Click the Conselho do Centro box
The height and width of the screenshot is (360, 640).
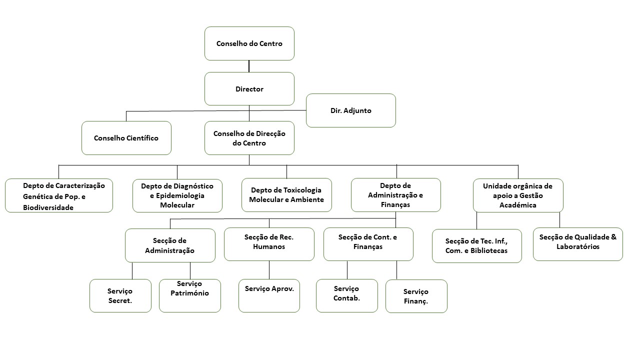point(249,43)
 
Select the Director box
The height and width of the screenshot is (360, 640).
point(249,89)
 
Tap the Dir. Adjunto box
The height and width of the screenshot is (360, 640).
point(351,110)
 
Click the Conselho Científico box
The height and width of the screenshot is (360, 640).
point(126,138)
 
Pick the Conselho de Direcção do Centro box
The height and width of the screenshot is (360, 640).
point(249,138)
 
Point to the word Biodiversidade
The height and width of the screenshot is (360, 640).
point(48,207)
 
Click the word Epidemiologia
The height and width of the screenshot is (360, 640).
point(180,195)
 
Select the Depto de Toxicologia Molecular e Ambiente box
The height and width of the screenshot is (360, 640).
point(286,195)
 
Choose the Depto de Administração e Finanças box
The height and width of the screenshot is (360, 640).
point(395,195)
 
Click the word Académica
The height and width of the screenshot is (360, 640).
point(517,205)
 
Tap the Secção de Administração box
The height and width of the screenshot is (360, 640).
point(170,245)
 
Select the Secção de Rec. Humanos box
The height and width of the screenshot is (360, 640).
point(269,244)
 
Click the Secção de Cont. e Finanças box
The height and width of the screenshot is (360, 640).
point(368,244)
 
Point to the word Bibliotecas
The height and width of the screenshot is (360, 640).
point(489,250)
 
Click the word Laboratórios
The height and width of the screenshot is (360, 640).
point(577,246)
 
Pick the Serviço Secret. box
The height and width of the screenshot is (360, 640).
point(120,295)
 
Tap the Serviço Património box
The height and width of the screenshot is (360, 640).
point(190,295)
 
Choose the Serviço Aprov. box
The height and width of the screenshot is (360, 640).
point(269,295)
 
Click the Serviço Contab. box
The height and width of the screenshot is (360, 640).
point(347,295)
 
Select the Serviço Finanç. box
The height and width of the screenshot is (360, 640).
point(416,296)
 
